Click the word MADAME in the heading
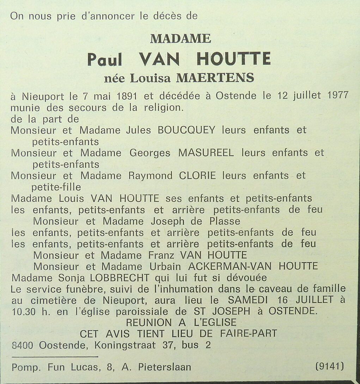point(181,38)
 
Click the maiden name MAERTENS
point(215,78)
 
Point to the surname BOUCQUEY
point(186,130)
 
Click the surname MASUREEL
point(206,153)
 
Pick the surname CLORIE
point(197,175)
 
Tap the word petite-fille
point(56,187)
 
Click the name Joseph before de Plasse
point(167,221)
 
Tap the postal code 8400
point(23,345)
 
